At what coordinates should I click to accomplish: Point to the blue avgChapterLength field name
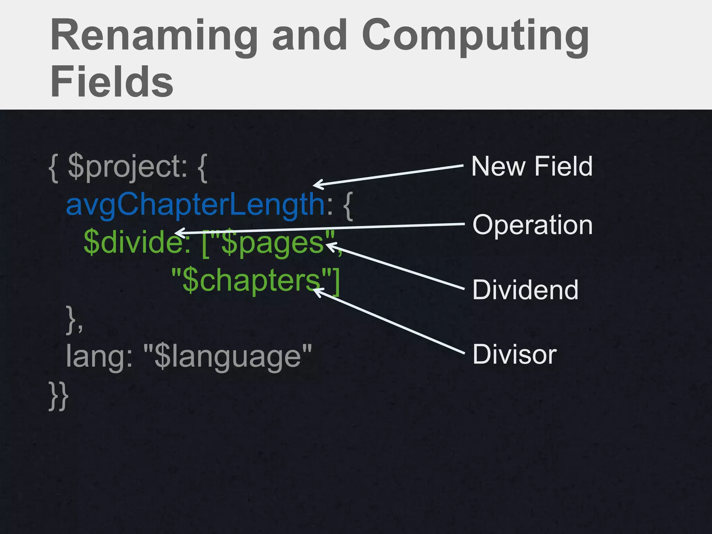click(x=195, y=205)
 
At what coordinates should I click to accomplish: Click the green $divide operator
click(x=136, y=242)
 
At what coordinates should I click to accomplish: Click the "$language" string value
click(x=227, y=356)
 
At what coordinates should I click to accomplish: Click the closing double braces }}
click(x=58, y=396)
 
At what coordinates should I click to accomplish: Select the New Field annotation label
click(x=532, y=167)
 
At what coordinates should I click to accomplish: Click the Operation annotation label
click(x=532, y=225)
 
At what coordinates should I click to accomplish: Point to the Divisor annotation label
click(x=515, y=354)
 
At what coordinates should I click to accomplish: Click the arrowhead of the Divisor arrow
click(x=316, y=291)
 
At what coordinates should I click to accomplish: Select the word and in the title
click(x=309, y=37)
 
